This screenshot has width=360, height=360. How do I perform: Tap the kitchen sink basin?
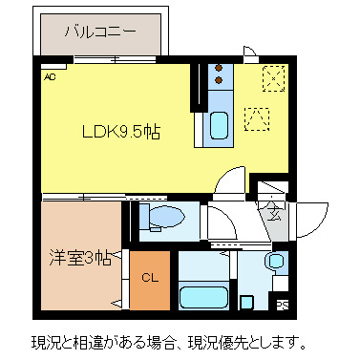click(219, 125)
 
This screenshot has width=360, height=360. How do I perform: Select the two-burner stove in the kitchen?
click(218, 75)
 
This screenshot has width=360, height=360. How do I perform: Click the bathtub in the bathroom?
click(201, 298)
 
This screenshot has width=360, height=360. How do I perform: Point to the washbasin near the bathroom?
click(275, 261)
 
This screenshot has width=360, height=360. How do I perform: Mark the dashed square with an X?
click(273, 77)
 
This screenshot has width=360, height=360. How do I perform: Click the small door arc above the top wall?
click(249, 54)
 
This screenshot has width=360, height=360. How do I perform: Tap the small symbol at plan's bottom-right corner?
click(282, 305)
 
